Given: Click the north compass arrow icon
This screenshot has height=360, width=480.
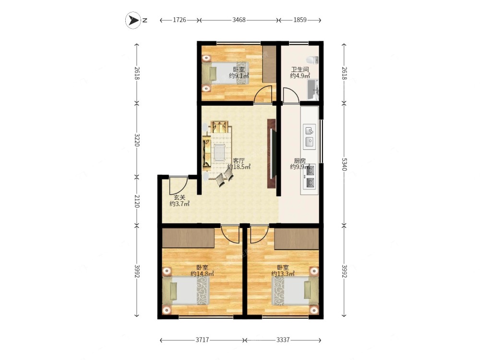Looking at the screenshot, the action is click(x=133, y=20).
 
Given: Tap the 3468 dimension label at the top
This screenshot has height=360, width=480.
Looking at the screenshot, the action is click(x=239, y=20).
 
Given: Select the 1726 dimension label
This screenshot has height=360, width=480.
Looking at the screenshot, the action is click(x=180, y=20).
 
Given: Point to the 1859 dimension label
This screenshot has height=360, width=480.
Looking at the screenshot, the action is click(x=300, y=20).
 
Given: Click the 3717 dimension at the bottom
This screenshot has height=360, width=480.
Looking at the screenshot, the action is click(x=202, y=340).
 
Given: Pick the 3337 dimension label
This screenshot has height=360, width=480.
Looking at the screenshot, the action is click(x=283, y=340).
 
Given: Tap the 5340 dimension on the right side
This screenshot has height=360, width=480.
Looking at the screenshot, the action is click(x=344, y=164).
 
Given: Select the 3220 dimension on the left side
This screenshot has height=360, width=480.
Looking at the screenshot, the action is click(x=137, y=140).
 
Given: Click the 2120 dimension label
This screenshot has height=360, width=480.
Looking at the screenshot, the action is click(x=137, y=201).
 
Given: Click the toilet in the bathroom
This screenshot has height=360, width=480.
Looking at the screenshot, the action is click(x=313, y=60).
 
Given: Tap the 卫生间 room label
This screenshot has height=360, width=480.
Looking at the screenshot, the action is click(x=300, y=70).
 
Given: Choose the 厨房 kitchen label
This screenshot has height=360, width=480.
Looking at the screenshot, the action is click(x=300, y=161).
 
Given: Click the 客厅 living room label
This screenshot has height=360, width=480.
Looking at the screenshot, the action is click(x=239, y=161).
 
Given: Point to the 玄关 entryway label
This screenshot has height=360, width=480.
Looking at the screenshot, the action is click(x=180, y=198).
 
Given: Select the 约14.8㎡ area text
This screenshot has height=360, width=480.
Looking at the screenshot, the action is click(x=202, y=274).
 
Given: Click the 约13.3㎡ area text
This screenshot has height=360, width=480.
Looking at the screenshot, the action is click(x=283, y=274).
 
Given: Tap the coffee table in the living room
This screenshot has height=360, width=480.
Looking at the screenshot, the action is click(x=219, y=153).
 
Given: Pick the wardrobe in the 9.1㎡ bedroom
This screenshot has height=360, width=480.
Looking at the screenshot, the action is click(x=269, y=64).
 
